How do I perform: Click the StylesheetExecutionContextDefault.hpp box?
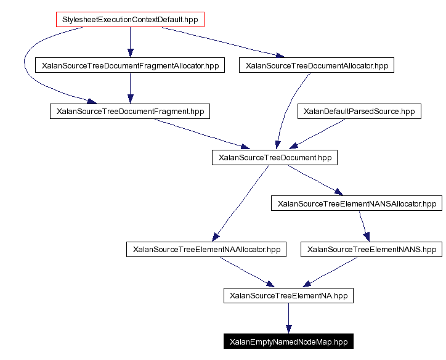pos(129,19)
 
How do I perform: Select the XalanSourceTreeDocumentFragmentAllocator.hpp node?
pos(129,65)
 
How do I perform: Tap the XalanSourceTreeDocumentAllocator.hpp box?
pos(317,65)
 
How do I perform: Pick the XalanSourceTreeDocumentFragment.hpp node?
pos(130,112)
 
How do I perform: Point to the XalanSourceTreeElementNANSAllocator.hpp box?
pos(357,203)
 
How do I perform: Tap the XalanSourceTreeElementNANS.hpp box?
pos(371,250)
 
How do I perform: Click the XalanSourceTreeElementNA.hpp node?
pos(288,296)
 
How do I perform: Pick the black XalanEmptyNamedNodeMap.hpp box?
pos(288,342)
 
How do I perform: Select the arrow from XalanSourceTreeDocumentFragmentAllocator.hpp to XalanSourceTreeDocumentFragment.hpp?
pos(129,88)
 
